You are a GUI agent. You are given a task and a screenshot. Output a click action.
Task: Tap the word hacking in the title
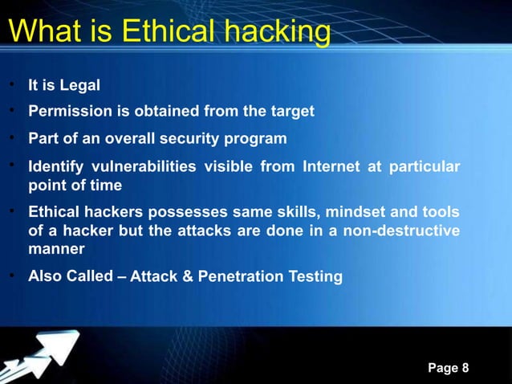tap(278, 32)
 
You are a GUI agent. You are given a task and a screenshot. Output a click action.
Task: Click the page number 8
tap(466, 368)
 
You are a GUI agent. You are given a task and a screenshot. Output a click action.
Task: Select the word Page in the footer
tap(442, 368)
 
